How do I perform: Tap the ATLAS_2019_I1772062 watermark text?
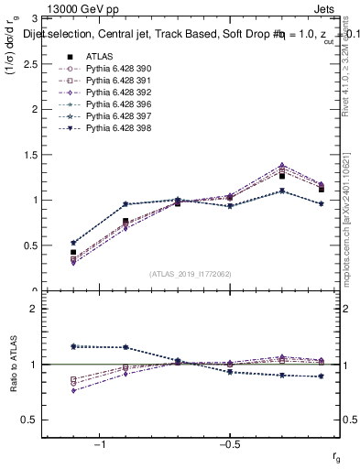pyautogui.click(x=191, y=274)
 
